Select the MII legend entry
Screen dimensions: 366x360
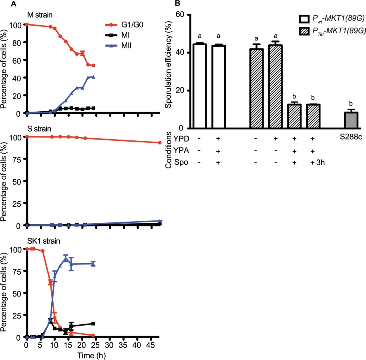[119, 46]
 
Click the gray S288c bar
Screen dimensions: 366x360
[351, 120]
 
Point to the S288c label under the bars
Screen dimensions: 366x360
[351, 137]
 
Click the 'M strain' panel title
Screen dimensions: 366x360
[40, 15]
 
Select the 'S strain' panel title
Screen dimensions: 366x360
[39, 129]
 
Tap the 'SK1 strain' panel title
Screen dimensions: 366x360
[44, 241]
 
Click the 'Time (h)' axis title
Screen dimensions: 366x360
[91, 355]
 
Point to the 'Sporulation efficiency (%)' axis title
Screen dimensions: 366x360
[168, 64]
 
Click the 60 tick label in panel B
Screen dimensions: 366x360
[180, 14]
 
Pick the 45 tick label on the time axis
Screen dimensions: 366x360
[151, 345]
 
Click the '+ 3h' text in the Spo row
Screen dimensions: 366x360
[318, 162]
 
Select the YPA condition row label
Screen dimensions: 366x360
[181, 150]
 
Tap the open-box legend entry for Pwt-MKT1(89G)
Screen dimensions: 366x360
[332, 18]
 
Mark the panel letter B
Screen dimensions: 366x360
[177, 3]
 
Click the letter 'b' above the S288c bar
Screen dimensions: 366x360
[351, 104]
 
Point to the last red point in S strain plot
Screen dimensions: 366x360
[160, 142]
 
